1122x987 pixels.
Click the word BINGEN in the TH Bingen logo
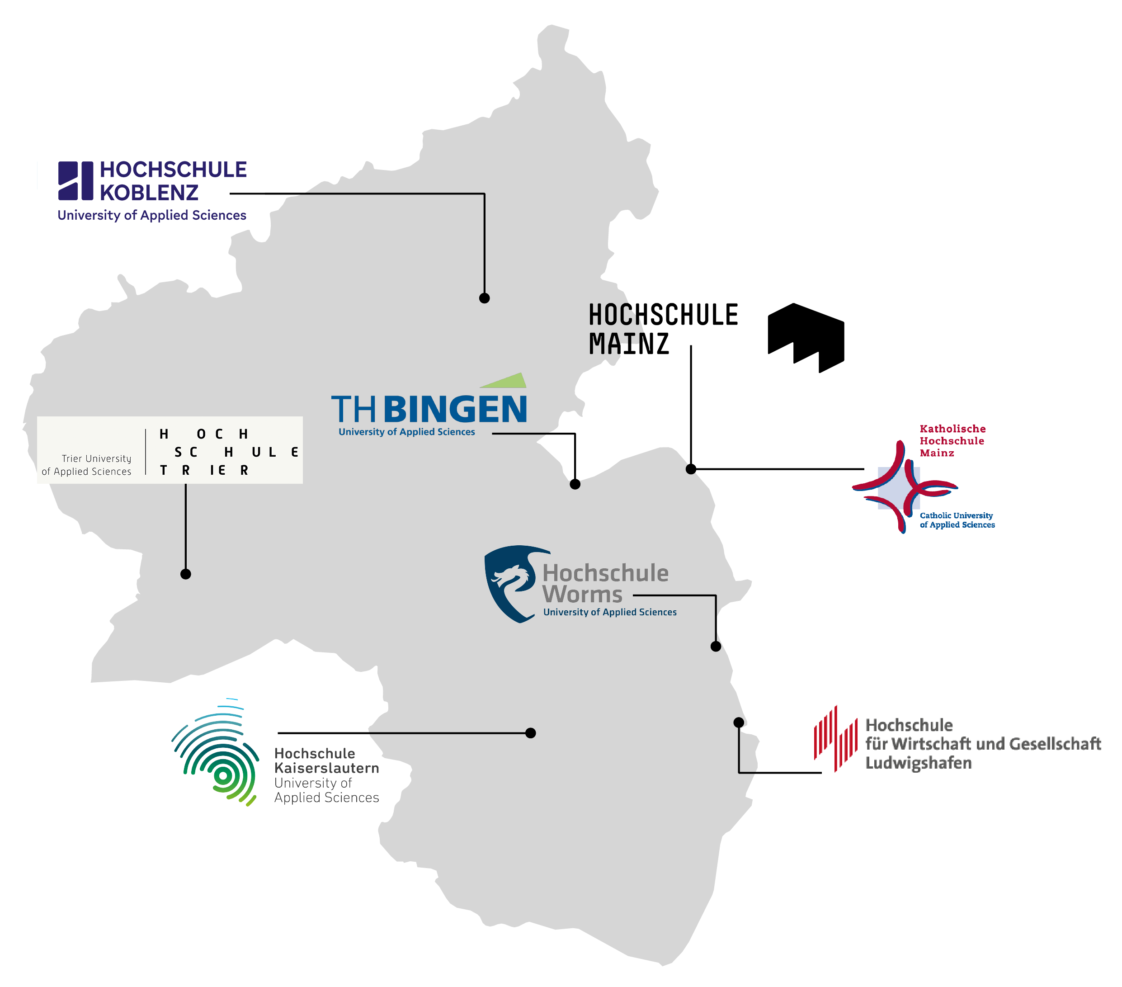point(455,410)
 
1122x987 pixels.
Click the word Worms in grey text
point(582,595)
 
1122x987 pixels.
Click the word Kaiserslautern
point(326,768)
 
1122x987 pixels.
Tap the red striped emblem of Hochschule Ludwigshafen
point(835,739)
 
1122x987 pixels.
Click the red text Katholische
point(952,429)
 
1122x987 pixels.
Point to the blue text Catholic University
point(956,515)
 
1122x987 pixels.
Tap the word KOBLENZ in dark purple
point(149,193)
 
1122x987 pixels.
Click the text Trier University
point(96,458)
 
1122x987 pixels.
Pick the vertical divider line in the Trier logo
point(146,452)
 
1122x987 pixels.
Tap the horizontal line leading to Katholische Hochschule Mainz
point(779,469)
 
